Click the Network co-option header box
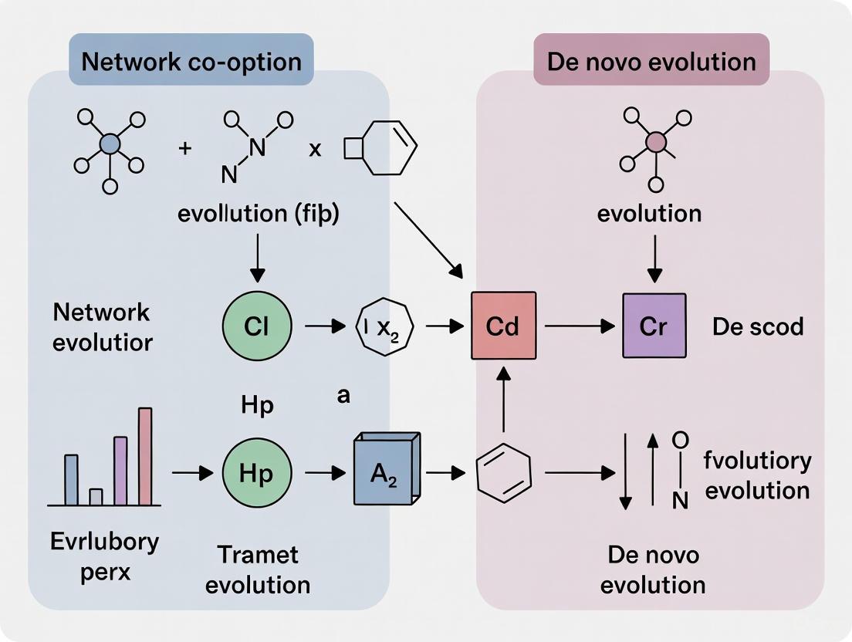click(x=191, y=61)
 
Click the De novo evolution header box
click(x=651, y=61)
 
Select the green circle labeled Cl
click(x=256, y=326)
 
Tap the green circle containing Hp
click(x=256, y=473)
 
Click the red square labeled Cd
click(x=503, y=326)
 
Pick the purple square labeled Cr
click(x=654, y=326)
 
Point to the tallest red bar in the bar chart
click(x=145, y=455)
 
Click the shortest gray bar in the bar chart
click(x=96, y=496)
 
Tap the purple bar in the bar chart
click(x=120, y=470)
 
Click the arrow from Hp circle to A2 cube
click(x=325, y=473)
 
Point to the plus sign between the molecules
click(x=185, y=148)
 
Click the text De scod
click(x=757, y=326)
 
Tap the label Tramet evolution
click(x=259, y=569)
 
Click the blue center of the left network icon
click(x=110, y=144)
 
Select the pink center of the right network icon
click(x=655, y=141)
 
